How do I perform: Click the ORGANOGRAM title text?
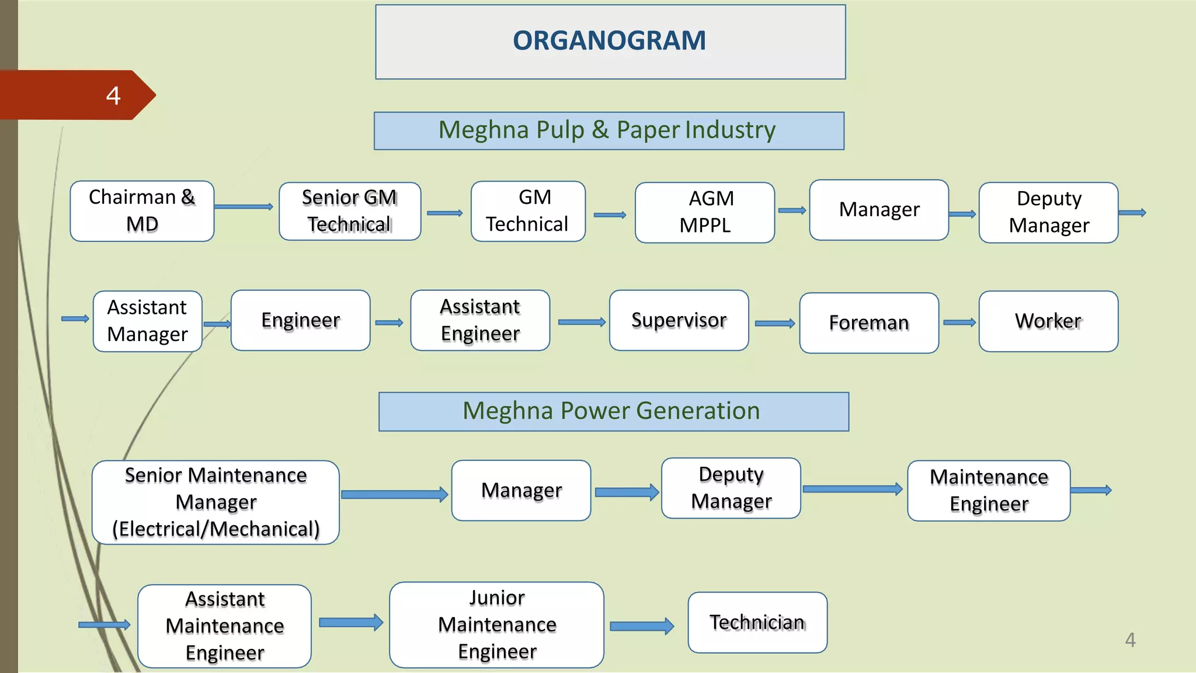[x=609, y=41]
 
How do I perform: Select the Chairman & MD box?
[x=142, y=211]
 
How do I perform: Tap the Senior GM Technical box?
[x=349, y=211]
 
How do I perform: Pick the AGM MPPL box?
[x=704, y=212]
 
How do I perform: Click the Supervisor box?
[x=679, y=320]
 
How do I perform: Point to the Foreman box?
[x=868, y=322]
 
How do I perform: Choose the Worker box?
[x=1048, y=321]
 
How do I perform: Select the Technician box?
[x=757, y=622]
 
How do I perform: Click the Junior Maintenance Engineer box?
[x=496, y=625]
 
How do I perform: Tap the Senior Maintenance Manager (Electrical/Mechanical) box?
[x=215, y=502]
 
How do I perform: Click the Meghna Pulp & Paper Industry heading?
[x=609, y=130]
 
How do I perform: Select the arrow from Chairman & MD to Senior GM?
[x=244, y=206]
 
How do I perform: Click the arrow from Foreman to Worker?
[x=959, y=322]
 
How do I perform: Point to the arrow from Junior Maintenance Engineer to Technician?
[x=641, y=626]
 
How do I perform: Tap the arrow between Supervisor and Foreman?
[x=774, y=323]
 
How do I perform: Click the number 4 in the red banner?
[x=113, y=95]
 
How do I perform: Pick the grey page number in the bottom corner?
[x=1130, y=640]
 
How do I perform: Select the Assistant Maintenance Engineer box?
[x=224, y=626]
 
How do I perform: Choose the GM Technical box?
[x=528, y=211]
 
